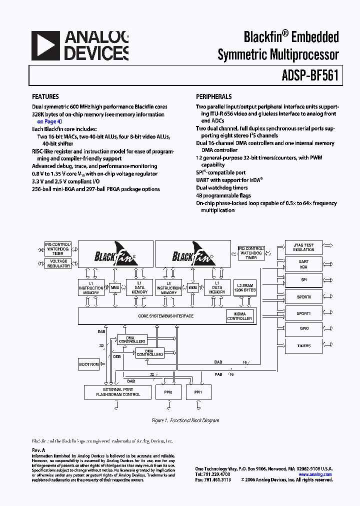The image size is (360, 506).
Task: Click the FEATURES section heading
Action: click(x=45, y=97)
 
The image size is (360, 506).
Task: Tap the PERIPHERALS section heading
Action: click(x=213, y=97)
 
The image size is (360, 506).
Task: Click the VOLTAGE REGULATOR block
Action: click(x=58, y=263)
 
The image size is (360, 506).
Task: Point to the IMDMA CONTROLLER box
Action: click(x=239, y=316)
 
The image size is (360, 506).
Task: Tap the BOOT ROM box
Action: click(x=88, y=364)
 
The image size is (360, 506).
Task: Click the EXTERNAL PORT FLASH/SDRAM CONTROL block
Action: click(x=118, y=392)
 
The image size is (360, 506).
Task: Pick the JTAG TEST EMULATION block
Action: click(x=303, y=247)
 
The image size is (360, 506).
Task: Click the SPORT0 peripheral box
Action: click(x=303, y=296)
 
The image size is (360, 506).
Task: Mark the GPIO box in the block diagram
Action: click(x=303, y=329)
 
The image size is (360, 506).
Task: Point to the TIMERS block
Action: click(x=303, y=345)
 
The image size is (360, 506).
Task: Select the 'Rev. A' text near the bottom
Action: click(x=38, y=450)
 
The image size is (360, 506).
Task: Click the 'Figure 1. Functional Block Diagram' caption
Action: click(x=185, y=420)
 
